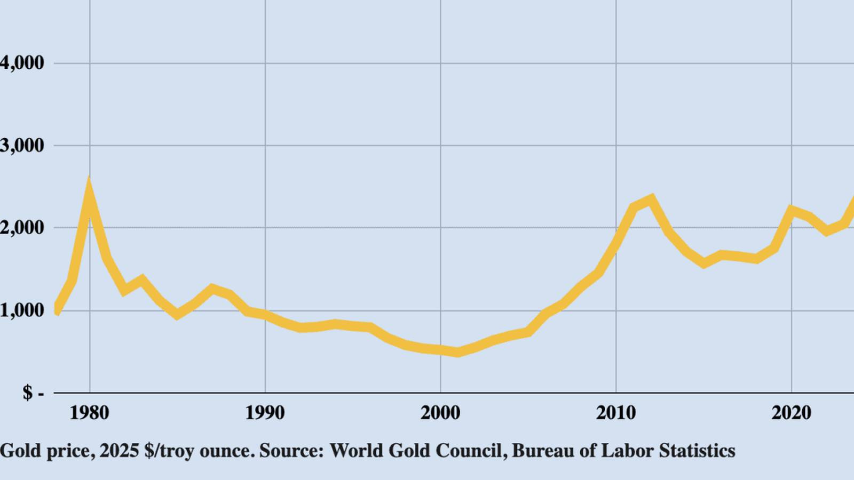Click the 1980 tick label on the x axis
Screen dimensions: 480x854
(x=89, y=413)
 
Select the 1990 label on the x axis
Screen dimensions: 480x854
(x=265, y=413)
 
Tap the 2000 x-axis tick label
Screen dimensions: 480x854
(x=440, y=413)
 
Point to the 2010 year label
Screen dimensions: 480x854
(x=616, y=413)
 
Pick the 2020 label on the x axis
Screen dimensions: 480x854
(x=791, y=413)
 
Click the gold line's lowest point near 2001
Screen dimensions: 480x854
(x=457, y=353)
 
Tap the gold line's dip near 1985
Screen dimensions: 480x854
(x=177, y=315)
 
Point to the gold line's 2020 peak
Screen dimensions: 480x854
(x=792, y=210)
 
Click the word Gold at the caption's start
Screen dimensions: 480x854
(x=20, y=451)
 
